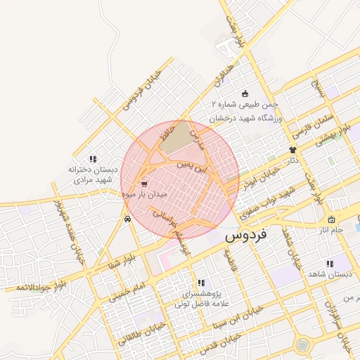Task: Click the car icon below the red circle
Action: [x=127, y=219]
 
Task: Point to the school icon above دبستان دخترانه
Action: [x=94, y=159]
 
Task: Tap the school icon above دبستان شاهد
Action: [x=330, y=264]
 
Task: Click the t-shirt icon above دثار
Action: [x=292, y=150]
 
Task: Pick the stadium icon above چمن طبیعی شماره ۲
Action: [x=245, y=94]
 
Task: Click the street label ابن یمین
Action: [x=193, y=166]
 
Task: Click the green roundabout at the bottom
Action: [x=303, y=345]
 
